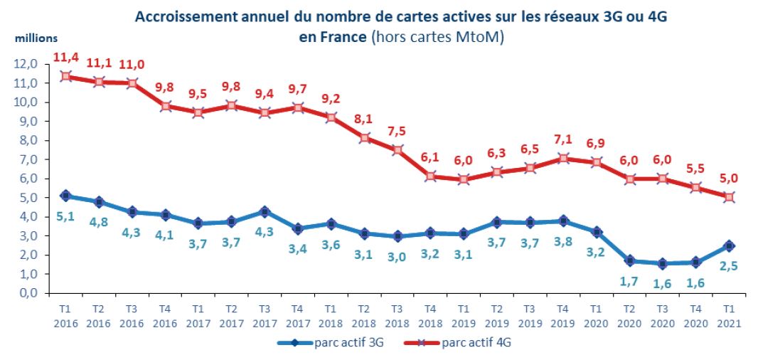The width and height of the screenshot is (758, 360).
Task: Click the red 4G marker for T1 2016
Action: [x=65, y=76]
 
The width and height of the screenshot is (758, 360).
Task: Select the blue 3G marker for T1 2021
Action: [x=729, y=245]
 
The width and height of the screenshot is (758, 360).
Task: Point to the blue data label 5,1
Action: [x=65, y=216]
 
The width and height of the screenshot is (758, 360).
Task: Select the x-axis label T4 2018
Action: [x=430, y=316]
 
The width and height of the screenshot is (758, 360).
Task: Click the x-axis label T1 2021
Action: [x=729, y=316]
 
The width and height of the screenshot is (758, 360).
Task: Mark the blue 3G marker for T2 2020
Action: [x=629, y=261]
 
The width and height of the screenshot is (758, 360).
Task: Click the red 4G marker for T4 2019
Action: [x=563, y=158]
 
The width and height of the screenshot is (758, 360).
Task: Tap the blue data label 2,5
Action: [x=729, y=266]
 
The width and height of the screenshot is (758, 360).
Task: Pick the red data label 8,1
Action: [x=364, y=118]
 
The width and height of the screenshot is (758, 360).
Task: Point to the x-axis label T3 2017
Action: [x=265, y=316]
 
